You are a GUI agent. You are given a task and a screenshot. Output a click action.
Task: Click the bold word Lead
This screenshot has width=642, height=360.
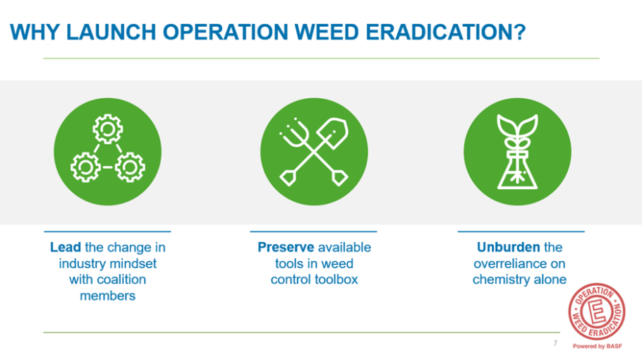click(66, 247)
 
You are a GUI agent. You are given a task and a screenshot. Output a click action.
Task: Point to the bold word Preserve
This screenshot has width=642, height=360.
click(286, 247)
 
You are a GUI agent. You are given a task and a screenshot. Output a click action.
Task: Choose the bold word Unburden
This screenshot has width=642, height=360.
click(508, 247)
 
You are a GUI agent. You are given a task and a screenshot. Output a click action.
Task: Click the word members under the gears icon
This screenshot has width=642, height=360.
click(108, 296)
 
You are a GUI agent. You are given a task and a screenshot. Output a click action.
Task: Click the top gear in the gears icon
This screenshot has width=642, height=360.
click(108, 129)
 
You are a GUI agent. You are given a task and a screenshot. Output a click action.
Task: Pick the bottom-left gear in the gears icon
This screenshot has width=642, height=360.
click(85, 167)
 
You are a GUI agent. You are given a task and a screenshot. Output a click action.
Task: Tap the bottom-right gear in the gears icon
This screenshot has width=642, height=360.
click(130, 167)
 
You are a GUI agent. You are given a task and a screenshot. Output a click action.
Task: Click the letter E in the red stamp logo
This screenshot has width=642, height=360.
click(597, 312)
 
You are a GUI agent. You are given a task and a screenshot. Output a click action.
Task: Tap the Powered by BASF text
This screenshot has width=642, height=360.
click(598, 347)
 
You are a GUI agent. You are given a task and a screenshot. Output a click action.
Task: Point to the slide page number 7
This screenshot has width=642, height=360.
click(555, 343)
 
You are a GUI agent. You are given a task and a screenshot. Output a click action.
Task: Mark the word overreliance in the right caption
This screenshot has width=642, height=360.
click(519, 264)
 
